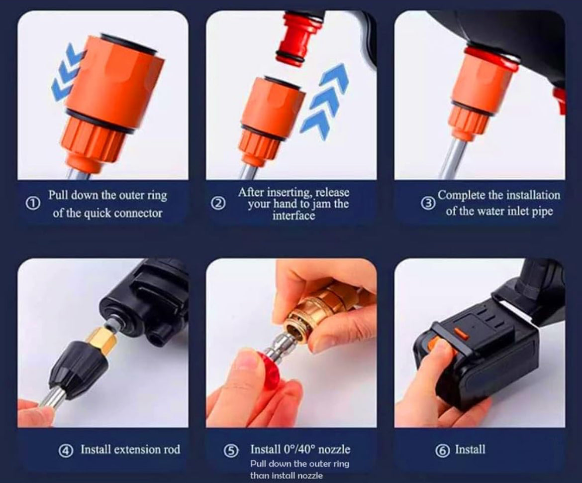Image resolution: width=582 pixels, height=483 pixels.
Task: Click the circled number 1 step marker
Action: coord(33,204)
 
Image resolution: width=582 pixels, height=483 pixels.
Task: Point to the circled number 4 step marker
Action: coord(65,451)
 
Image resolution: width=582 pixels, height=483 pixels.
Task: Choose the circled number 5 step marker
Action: coord(230,451)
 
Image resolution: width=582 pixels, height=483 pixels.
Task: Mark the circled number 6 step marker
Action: coord(442,451)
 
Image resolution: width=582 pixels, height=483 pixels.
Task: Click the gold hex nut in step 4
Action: coord(102,342)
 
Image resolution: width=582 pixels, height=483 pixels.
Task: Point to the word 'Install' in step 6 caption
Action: coord(470,450)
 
